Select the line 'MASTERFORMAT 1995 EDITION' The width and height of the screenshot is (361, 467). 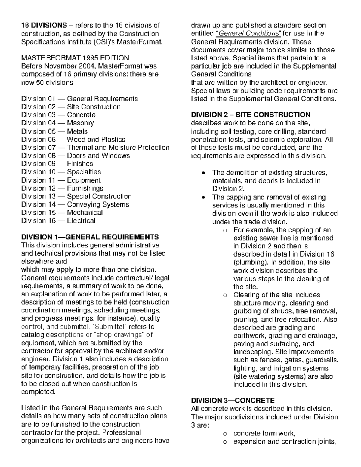[x=75, y=58]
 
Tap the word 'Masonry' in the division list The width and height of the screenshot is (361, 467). [x=80, y=123]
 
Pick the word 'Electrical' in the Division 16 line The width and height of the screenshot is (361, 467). [x=81, y=221]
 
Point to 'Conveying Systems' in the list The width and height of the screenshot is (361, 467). [x=98, y=204]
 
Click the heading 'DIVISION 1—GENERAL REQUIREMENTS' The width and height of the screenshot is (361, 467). [x=90, y=237]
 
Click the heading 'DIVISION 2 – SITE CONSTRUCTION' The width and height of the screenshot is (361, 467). [x=251, y=115]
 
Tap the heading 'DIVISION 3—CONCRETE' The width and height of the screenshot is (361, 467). [x=233, y=401]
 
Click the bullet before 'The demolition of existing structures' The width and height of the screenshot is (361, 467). [x=204, y=173]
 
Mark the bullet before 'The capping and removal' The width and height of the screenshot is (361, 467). [x=204, y=198]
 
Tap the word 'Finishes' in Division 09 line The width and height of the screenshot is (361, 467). [x=80, y=164]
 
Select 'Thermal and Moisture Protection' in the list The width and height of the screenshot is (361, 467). [x=118, y=147]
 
